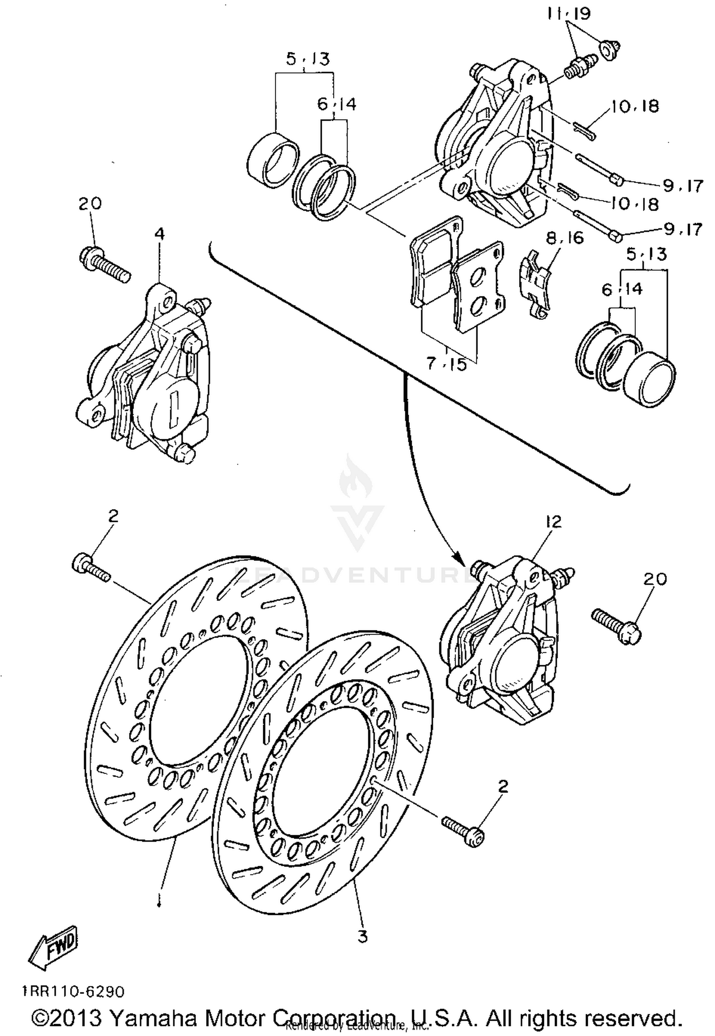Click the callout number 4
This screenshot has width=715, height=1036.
pyautogui.click(x=160, y=234)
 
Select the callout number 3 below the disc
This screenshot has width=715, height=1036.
pyautogui.click(x=363, y=936)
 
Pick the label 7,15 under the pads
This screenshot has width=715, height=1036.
pyautogui.click(x=446, y=365)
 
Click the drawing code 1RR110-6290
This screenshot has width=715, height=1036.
pyautogui.click(x=72, y=992)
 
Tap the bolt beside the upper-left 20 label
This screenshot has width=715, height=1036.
pyautogui.click(x=104, y=264)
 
